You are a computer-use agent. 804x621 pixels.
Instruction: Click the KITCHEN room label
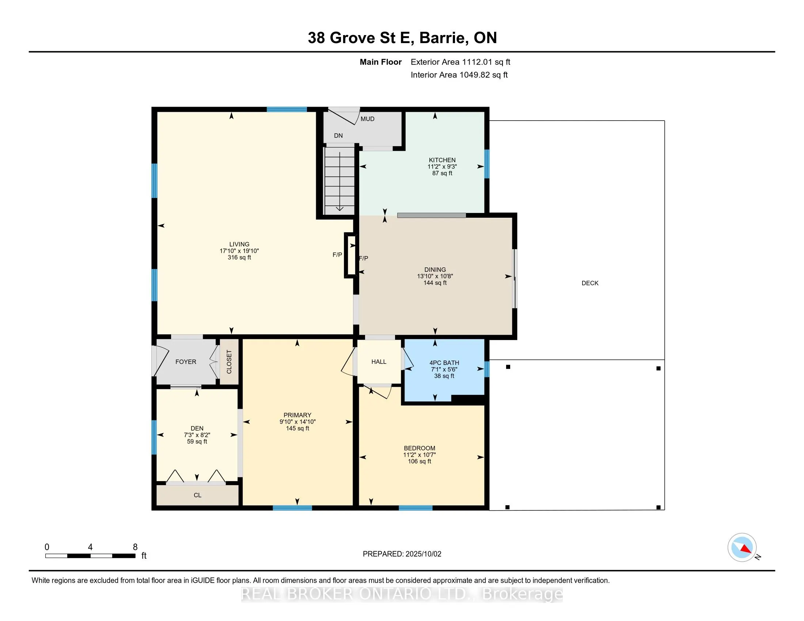tap(442, 160)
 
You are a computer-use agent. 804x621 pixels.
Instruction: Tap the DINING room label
tap(435, 270)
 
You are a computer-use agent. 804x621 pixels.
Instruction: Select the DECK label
tap(590, 283)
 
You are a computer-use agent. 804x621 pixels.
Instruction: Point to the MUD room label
tap(367, 119)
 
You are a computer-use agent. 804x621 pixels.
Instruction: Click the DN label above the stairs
tap(338, 136)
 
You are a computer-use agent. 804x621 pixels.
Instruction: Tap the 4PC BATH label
tap(444, 363)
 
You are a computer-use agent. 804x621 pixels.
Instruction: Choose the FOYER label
tap(186, 362)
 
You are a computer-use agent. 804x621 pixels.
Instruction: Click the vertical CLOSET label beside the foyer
tap(229, 362)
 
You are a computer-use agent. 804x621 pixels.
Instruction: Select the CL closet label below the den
tap(197, 495)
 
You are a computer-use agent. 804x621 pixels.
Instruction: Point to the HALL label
tap(379, 362)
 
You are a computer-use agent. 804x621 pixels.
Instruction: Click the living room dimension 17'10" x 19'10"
tap(239, 251)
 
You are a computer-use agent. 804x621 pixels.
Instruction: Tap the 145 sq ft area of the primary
tap(297, 428)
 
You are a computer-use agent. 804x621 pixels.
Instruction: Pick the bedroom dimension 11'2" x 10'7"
tap(419, 455)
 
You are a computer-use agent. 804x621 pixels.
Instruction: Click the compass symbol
tap(742, 548)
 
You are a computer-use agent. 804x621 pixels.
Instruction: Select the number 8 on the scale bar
tap(135, 547)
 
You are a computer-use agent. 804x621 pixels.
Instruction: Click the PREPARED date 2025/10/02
tap(423, 554)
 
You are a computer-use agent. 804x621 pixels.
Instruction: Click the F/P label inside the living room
tap(337, 255)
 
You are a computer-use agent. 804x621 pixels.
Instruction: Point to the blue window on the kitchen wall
tap(487, 164)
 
